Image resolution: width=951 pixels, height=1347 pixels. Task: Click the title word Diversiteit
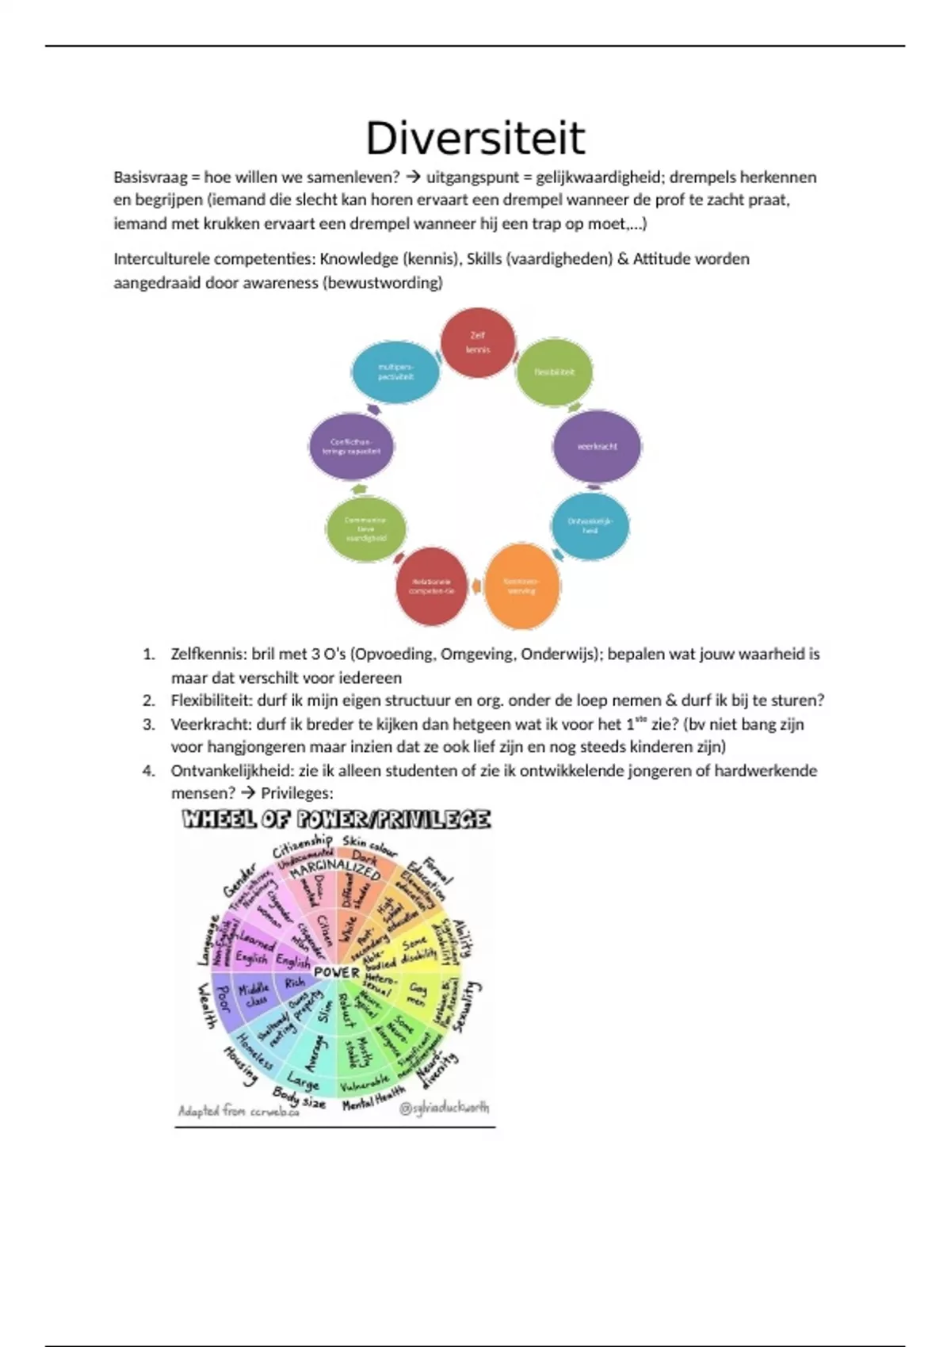click(x=475, y=139)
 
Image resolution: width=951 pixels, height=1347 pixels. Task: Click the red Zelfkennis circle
click(x=477, y=342)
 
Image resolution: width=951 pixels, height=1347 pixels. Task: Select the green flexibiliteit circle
click(x=554, y=372)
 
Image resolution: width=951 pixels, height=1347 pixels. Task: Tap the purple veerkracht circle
click(x=597, y=446)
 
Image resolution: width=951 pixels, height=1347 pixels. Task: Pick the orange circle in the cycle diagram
click(x=521, y=586)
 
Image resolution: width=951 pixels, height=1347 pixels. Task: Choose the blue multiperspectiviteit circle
click(x=395, y=372)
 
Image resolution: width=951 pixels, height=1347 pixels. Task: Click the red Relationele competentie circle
click(x=432, y=586)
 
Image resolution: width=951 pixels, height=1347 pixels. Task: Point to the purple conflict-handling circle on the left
click(x=351, y=447)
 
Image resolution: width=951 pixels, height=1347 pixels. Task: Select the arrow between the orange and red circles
click(x=476, y=586)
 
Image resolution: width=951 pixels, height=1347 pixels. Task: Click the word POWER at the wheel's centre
click(x=337, y=972)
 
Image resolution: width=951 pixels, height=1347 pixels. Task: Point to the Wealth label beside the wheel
click(x=206, y=1005)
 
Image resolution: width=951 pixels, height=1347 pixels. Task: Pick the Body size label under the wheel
click(x=299, y=1097)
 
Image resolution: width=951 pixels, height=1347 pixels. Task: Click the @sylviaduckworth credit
click(x=444, y=1108)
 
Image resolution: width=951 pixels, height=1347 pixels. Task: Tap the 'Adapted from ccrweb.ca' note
click(x=239, y=1111)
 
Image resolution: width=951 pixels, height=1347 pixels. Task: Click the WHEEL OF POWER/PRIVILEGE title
click(x=336, y=819)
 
